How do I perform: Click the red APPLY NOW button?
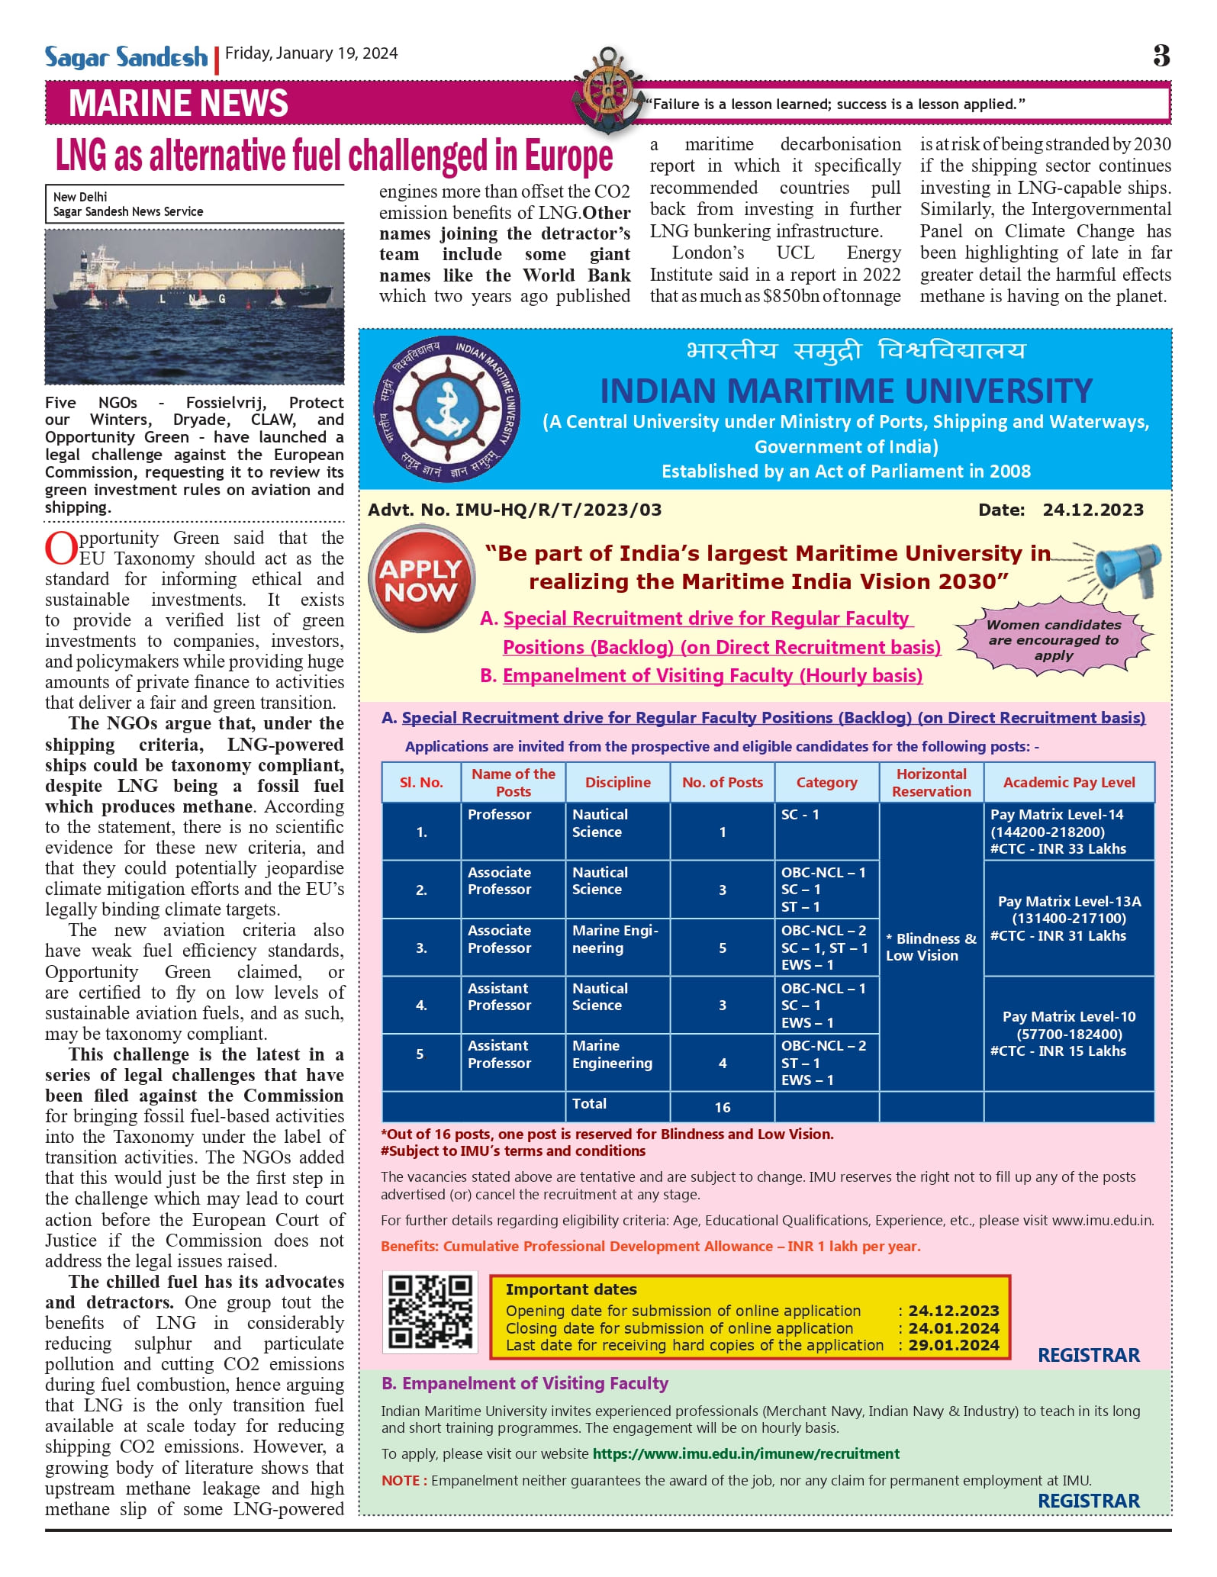pos(421,579)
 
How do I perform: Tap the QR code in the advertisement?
pos(430,1312)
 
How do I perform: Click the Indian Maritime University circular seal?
pos(448,409)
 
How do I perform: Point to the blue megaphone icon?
pos(1125,568)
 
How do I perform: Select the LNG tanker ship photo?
pos(195,307)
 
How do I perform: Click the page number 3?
pos(1161,56)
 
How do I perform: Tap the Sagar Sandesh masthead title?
pos(126,57)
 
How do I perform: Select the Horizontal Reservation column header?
pos(931,783)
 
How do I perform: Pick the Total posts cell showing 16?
pos(722,1107)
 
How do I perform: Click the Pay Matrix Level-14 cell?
pos(1068,832)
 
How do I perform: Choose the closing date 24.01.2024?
pos(954,1328)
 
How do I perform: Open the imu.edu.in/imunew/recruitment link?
pos(745,1454)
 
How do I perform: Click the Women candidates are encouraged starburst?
pos(1054,640)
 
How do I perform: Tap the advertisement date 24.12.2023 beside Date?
pos(1093,510)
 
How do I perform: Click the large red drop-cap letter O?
pos(61,548)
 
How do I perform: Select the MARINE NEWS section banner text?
pos(179,104)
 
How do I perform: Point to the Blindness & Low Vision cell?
pos(931,947)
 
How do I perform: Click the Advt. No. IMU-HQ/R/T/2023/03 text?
pos(515,510)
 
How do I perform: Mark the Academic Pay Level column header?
pos(1068,783)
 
